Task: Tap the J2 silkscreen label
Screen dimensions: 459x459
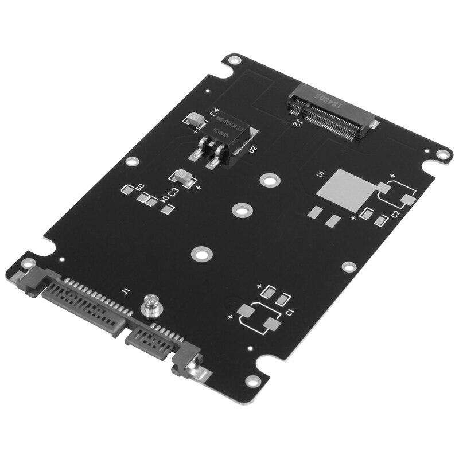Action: click(x=299, y=122)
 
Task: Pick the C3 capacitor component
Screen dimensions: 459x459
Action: click(x=183, y=174)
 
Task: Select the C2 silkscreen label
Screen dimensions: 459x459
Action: click(x=395, y=213)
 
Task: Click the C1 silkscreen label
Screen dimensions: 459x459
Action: click(x=290, y=312)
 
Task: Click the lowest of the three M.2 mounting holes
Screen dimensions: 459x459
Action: click(x=200, y=252)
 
